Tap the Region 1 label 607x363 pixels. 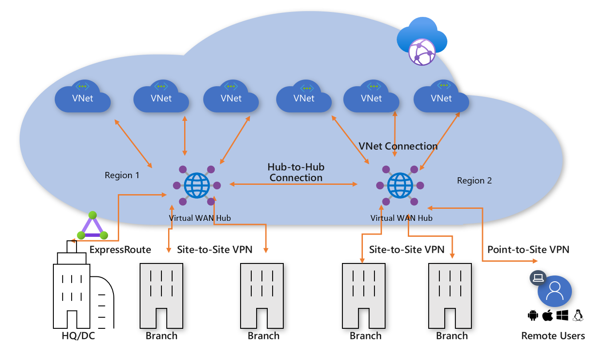[x=122, y=175]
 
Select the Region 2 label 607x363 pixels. [x=474, y=180]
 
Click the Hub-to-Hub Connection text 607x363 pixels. [x=296, y=172]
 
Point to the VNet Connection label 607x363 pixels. [x=398, y=146]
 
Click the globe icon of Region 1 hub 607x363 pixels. [x=197, y=185]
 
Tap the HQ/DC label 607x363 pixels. [x=78, y=336]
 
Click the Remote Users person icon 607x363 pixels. [x=555, y=292]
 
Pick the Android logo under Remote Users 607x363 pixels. [x=533, y=315]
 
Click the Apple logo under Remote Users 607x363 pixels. [x=547, y=315]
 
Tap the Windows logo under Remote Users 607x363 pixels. [x=563, y=315]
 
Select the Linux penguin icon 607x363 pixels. [x=578, y=315]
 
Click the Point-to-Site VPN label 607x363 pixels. [x=528, y=249]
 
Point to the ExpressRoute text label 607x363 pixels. [x=120, y=249]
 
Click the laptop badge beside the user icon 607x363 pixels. [x=538, y=278]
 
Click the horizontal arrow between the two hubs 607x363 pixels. [x=294, y=183]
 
